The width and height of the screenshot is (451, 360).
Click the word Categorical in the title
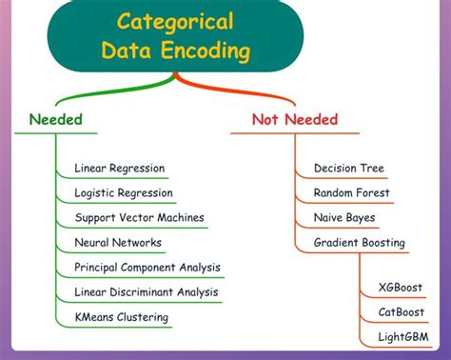[x=176, y=22]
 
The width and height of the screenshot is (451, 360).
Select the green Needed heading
[x=55, y=120]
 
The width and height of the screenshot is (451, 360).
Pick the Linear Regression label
[x=119, y=169]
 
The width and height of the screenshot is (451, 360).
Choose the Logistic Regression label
[x=124, y=193]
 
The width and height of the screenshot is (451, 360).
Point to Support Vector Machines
[x=139, y=218]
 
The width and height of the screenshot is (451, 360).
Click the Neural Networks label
[x=118, y=243]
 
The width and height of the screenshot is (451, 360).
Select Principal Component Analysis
[x=147, y=268]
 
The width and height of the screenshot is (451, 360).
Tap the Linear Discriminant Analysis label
[x=147, y=292]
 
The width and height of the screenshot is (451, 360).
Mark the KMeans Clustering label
[x=121, y=317]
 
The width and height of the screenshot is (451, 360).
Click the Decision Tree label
[x=348, y=169]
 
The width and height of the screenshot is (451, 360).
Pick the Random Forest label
[x=351, y=193]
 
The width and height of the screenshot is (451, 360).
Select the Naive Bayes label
[x=343, y=218]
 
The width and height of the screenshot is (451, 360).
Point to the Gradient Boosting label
[x=359, y=243]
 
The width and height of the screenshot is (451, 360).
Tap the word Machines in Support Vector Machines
[x=180, y=218]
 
